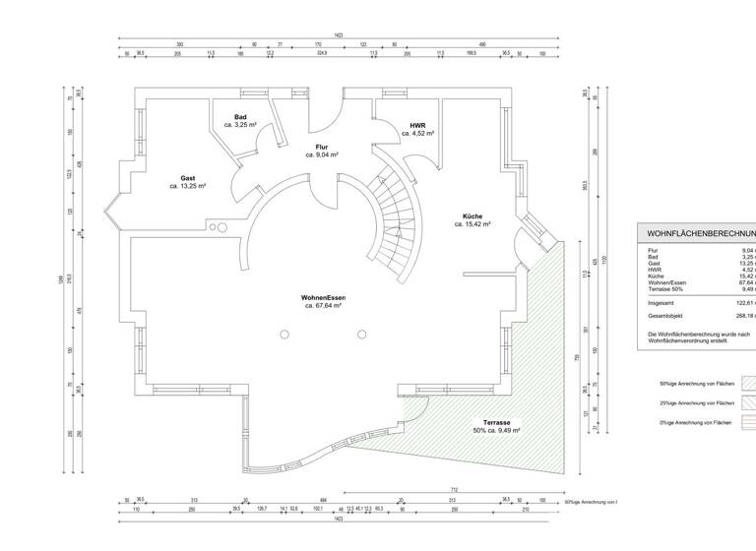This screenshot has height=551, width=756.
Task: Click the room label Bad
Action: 240,117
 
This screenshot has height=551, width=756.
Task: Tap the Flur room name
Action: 321,146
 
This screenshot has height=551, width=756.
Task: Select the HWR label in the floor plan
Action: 417,124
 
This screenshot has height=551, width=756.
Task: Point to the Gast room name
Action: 187,178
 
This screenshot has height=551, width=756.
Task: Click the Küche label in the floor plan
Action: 472,215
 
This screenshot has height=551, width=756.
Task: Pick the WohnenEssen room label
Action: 323,297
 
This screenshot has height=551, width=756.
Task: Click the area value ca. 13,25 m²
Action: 187,186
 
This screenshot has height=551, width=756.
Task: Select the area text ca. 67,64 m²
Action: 323,306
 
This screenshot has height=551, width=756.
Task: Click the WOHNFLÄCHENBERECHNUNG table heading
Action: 700,234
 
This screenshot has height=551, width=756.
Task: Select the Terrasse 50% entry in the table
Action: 666,289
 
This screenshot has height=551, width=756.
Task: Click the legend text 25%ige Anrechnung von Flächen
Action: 697,403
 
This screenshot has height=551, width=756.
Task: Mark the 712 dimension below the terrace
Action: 454,489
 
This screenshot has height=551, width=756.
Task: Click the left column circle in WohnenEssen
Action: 283,336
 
